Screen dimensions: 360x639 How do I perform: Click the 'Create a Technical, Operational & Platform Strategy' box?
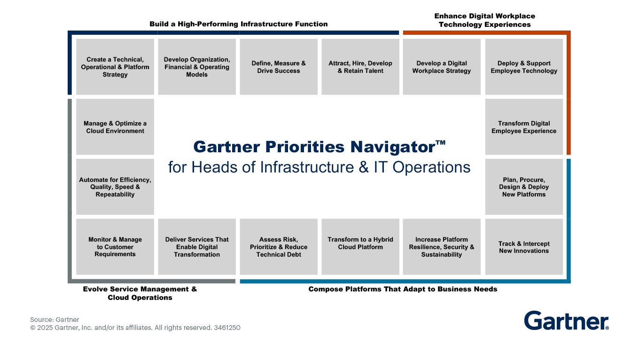click(115, 67)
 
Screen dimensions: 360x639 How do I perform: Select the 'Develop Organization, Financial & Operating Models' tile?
click(197, 67)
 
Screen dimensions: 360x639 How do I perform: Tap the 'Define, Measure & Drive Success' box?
click(279, 67)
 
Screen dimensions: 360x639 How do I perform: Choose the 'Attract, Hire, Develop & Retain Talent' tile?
click(360, 67)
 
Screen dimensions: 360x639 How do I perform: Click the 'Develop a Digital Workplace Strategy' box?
click(442, 67)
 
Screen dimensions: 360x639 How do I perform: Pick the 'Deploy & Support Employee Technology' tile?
click(524, 67)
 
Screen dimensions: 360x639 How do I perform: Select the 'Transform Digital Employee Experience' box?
click(524, 127)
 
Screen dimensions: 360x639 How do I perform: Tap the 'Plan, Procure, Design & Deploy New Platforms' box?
click(524, 187)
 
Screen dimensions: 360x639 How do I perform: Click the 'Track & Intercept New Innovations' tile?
click(524, 247)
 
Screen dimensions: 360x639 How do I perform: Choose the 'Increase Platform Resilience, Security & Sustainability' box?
click(442, 247)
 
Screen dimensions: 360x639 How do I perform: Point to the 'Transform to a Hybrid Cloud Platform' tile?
click(360, 247)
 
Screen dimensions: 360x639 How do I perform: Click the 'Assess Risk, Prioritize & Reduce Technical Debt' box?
click(279, 247)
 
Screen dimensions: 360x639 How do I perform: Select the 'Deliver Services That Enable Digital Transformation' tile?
click(197, 247)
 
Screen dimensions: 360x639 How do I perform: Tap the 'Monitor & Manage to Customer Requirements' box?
click(115, 247)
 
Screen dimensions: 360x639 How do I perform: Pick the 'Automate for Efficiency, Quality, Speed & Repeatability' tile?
click(115, 187)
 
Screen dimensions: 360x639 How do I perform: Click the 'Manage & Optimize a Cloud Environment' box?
click(115, 127)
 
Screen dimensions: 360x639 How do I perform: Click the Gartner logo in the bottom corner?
click(566, 321)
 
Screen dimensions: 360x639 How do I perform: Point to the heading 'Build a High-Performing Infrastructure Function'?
click(239, 24)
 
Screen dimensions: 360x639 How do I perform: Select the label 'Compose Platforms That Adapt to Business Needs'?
click(403, 289)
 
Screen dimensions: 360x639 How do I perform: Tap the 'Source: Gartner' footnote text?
click(55, 320)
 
